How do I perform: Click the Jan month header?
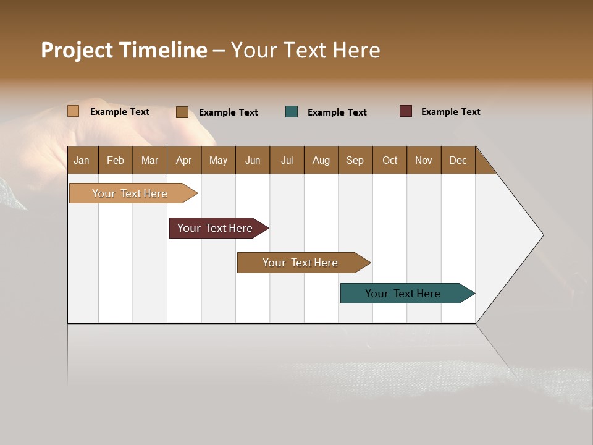point(82,160)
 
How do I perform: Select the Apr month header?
point(184,160)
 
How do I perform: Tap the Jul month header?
point(287,160)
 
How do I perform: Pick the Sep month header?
point(355,160)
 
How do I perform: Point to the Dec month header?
point(458,160)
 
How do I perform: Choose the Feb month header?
point(116,160)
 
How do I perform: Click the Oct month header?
point(390,160)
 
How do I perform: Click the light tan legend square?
point(74,111)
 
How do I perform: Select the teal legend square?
point(292,112)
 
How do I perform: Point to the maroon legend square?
point(406,111)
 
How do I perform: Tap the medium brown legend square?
point(182,112)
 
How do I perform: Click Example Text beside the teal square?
point(337,112)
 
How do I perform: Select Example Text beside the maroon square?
point(450,112)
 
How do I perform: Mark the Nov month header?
point(424,160)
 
